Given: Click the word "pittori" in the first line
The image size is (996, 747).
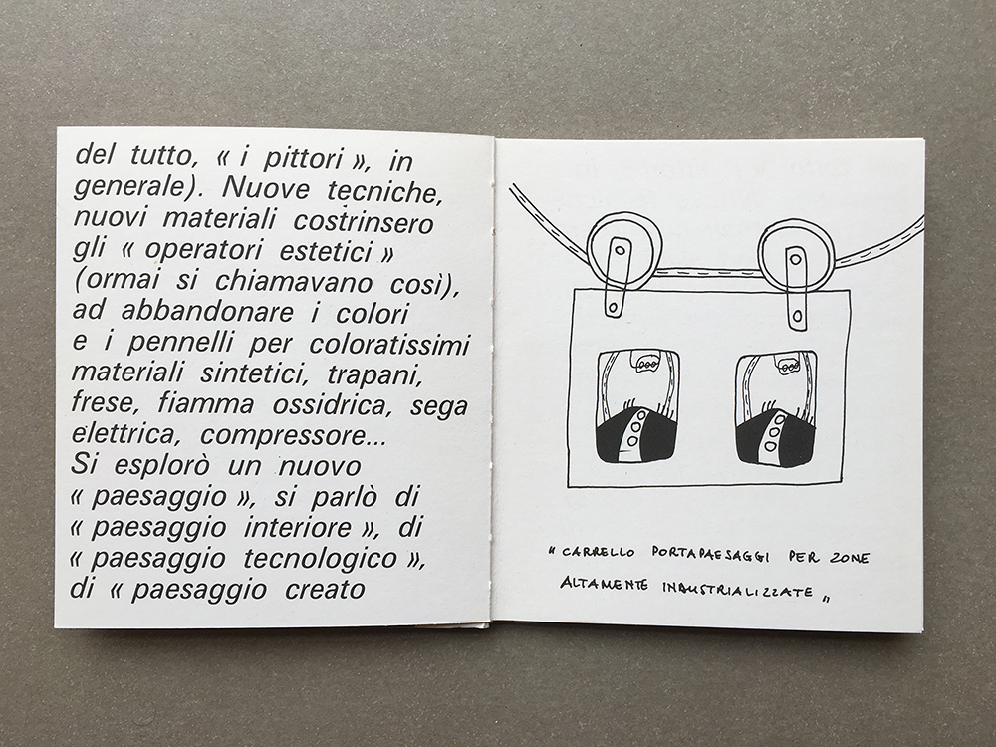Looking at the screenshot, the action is pyautogui.click(x=303, y=159).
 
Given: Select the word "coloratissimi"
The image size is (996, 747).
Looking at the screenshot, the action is pyautogui.click(x=389, y=343).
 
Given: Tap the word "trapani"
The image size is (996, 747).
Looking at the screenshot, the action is pyautogui.click(x=374, y=374).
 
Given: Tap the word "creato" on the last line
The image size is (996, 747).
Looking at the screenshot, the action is pyautogui.click(x=325, y=590).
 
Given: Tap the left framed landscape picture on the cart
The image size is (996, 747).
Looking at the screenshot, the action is pyautogui.click(x=635, y=406).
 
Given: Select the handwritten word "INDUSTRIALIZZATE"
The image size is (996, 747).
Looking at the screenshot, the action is pyautogui.click(x=737, y=590).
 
